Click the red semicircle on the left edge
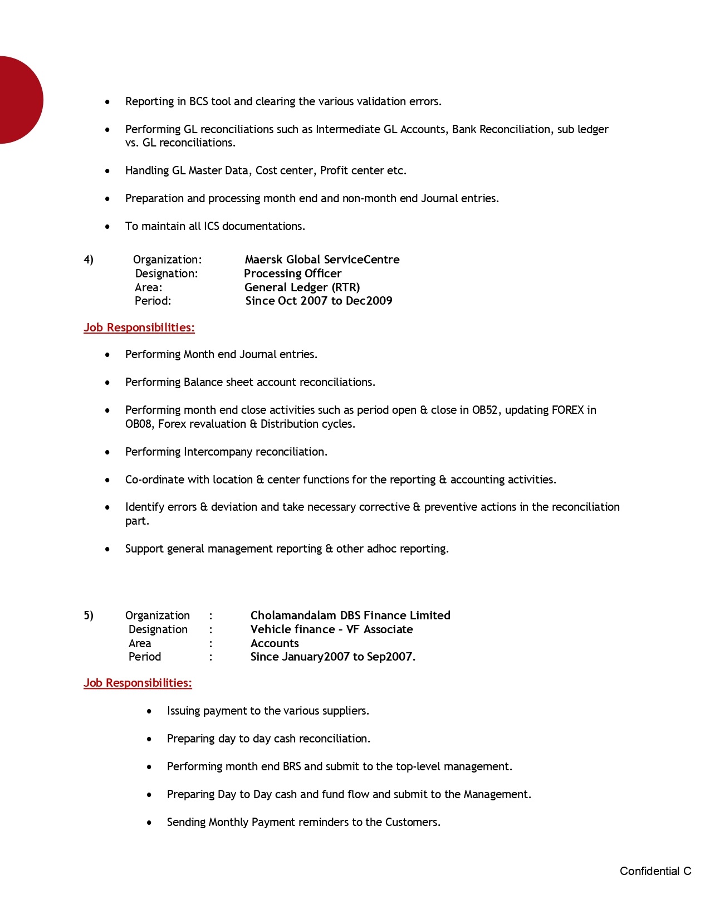tap(19, 100)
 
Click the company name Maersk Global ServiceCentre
tap(322, 260)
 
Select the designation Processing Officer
tap(292, 273)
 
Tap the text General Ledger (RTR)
tap(302, 287)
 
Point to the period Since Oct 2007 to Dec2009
tap(319, 301)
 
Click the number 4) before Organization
tap(89, 260)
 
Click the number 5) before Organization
tap(89, 615)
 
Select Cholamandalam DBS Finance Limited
tap(350, 615)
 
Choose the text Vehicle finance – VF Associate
tap(331, 629)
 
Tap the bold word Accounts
tap(275, 643)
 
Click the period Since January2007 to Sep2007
tap(332, 657)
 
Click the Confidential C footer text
tap(655, 871)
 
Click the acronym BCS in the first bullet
tap(198, 101)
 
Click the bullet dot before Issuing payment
tap(149, 711)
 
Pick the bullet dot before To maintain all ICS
tap(107, 227)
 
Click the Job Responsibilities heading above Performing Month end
tap(139, 327)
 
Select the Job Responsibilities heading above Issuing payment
tap(138, 683)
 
